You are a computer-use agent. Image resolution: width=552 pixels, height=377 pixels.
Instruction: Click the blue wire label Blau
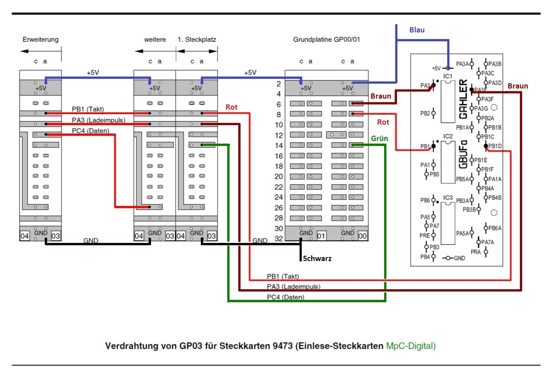point(417,30)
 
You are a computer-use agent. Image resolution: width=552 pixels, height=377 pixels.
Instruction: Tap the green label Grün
point(379,139)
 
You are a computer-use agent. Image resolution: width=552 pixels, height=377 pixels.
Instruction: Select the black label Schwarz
point(317,258)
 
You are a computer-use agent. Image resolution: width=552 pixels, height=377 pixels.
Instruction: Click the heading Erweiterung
point(41,39)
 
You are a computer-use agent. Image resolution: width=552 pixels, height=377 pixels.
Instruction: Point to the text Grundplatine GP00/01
point(326,39)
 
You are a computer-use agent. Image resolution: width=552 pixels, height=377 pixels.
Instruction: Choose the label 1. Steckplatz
point(197,39)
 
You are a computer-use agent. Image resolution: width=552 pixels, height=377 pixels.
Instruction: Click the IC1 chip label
point(448,76)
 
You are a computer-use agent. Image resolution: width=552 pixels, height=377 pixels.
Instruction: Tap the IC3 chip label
point(448,198)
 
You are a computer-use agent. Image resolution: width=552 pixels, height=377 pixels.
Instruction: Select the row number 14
point(279,145)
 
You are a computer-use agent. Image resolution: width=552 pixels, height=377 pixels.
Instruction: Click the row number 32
point(279,238)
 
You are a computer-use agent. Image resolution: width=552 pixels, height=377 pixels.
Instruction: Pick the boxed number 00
point(362,236)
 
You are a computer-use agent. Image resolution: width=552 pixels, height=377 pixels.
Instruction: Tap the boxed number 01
point(321,236)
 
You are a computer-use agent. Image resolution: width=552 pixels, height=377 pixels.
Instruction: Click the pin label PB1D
point(495,146)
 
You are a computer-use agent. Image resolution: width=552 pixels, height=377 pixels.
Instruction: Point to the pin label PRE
point(425,236)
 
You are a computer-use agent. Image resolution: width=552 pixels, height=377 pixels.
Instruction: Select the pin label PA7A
point(488,242)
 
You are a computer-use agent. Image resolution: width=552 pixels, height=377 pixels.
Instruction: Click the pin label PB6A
point(495,228)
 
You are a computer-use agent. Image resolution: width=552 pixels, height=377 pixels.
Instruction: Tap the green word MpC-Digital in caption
point(411,346)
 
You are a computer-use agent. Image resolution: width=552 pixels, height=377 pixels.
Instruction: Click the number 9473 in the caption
point(283,346)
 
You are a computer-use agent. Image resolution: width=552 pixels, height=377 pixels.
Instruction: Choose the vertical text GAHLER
point(463,100)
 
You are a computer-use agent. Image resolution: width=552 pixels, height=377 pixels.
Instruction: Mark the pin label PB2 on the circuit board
point(425,113)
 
